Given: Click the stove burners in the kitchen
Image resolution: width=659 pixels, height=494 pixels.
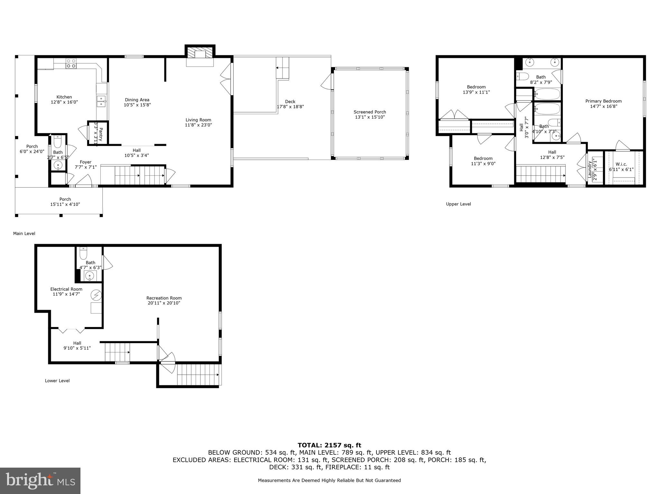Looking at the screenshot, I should (x=71, y=63).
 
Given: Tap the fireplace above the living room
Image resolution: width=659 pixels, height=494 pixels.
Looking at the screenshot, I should (x=200, y=54).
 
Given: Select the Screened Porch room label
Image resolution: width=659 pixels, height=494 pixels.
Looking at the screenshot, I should (x=370, y=112).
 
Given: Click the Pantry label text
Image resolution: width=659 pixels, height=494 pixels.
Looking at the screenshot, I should (x=100, y=134).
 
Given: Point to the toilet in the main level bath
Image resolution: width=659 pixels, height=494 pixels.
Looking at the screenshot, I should (x=58, y=142).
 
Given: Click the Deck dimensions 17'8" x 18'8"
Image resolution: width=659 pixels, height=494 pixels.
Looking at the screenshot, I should (x=290, y=107).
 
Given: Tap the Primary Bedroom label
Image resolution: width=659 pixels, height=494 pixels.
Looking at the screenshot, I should (x=603, y=101).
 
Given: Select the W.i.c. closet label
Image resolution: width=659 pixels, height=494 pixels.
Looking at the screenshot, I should (x=621, y=164).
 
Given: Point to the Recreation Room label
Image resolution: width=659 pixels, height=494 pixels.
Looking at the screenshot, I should (x=164, y=298).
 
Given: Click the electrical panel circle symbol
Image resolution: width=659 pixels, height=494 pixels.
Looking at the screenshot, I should (x=96, y=295).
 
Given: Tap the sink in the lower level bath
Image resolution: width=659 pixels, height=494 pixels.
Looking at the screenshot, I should (x=90, y=276).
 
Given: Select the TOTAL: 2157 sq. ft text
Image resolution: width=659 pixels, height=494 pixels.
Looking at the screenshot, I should (x=329, y=445).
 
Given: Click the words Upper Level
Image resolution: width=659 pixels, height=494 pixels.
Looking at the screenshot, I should (x=458, y=204).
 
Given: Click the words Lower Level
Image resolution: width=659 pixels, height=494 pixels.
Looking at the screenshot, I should (x=57, y=380).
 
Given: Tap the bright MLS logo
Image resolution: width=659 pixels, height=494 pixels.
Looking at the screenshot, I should (x=40, y=480).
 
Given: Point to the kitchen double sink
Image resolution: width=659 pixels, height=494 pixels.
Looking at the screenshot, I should (x=101, y=101).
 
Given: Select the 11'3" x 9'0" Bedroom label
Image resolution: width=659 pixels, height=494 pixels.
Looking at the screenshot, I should (x=483, y=161).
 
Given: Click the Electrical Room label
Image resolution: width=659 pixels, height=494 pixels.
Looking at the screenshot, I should (x=66, y=289).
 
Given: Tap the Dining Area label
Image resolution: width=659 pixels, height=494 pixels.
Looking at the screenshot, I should (x=137, y=100).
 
